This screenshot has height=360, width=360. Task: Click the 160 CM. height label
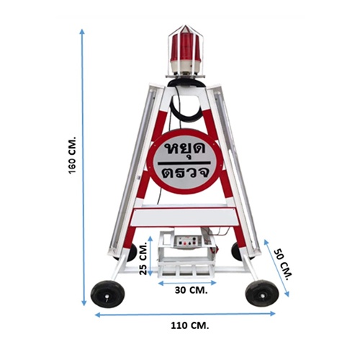(72, 155)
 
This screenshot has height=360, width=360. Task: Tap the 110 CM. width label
(190, 325)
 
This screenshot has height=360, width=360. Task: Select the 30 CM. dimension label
(191, 290)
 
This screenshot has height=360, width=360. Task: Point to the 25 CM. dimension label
(143, 259)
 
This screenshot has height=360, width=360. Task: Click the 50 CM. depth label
(283, 264)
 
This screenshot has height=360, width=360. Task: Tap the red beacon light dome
(186, 47)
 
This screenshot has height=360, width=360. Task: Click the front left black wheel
(108, 294)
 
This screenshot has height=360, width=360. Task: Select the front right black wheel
(262, 293)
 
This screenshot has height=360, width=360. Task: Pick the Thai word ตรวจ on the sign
(185, 173)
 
